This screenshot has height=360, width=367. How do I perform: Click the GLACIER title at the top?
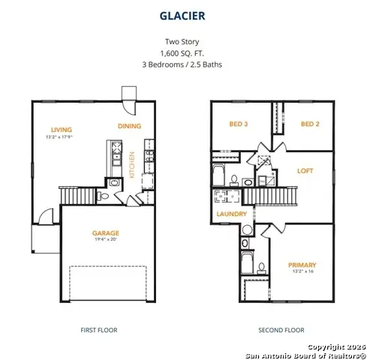pos(183,14)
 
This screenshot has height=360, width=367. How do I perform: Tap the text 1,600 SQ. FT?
pos(183,53)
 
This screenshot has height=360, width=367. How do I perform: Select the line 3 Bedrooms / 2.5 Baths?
pos(183,64)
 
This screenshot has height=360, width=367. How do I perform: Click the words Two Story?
pos(183,42)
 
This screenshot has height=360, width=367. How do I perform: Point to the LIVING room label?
pos(52,129)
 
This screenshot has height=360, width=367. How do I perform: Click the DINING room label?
pos(130,126)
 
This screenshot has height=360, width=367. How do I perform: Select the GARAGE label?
pos(105,233)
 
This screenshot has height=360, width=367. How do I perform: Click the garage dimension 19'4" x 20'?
pos(105,241)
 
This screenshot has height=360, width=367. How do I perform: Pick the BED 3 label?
pos(238,124)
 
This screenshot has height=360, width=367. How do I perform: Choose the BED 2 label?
pos(311,124)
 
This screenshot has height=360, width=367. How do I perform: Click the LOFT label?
pos(304,170)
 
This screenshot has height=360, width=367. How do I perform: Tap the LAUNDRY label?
pos(232,214)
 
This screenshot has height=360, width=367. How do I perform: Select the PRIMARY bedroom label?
pos(302,265)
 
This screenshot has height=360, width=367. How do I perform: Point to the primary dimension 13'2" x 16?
pos(302,272)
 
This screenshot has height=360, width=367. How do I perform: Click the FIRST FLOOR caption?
pos(98,330)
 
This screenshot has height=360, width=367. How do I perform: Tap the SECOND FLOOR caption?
pos(281,330)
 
